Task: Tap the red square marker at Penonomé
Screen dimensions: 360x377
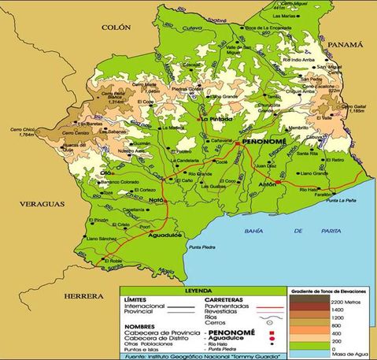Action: [x=238, y=144]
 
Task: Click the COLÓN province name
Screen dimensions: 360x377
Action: [x=116, y=27]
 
